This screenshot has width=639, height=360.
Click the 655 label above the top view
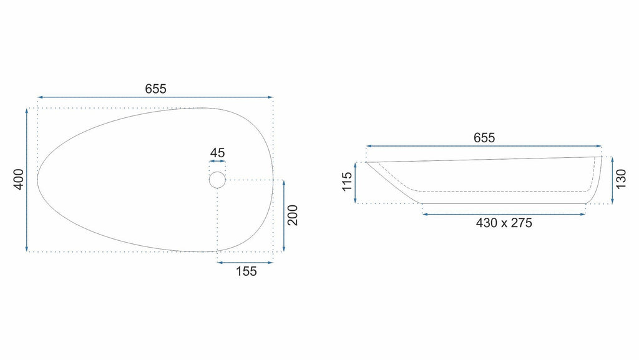pos(155,89)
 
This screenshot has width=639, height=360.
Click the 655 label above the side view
pos(484,138)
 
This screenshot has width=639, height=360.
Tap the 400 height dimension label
pos(19,179)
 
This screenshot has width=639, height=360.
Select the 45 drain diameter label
pos(217,153)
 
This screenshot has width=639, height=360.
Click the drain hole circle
pos(217,172)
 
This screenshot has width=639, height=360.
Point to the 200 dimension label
pos(293,215)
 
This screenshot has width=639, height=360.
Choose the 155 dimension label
pos(246,271)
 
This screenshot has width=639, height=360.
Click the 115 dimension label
pos(347,182)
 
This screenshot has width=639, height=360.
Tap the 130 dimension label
pos(621,179)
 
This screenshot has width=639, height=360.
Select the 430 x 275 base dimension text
pos(504,223)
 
